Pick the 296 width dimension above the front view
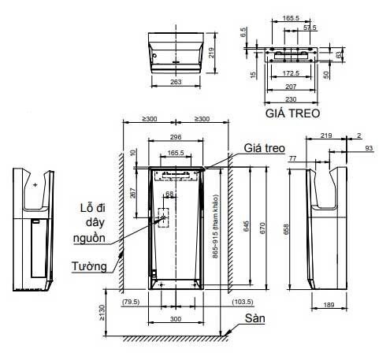[x=175, y=136]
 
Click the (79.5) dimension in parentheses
[x=132, y=302]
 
